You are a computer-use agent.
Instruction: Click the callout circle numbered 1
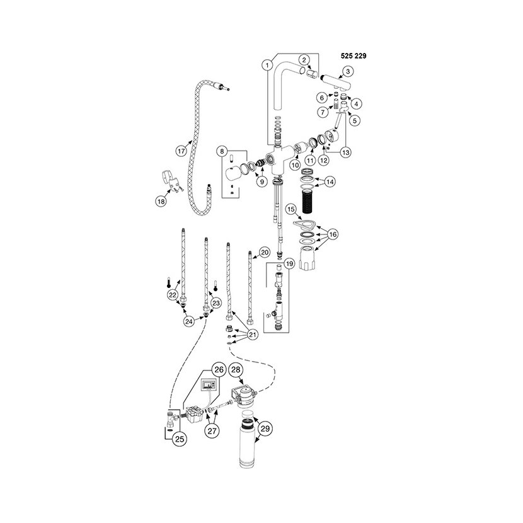pyautogui.click(x=267, y=64)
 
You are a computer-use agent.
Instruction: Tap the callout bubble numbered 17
pyautogui.click(x=181, y=151)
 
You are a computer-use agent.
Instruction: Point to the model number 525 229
pyautogui.click(x=350, y=55)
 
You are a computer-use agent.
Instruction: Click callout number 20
pyautogui.click(x=265, y=252)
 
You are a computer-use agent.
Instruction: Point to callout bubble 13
pyautogui.click(x=345, y=151)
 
